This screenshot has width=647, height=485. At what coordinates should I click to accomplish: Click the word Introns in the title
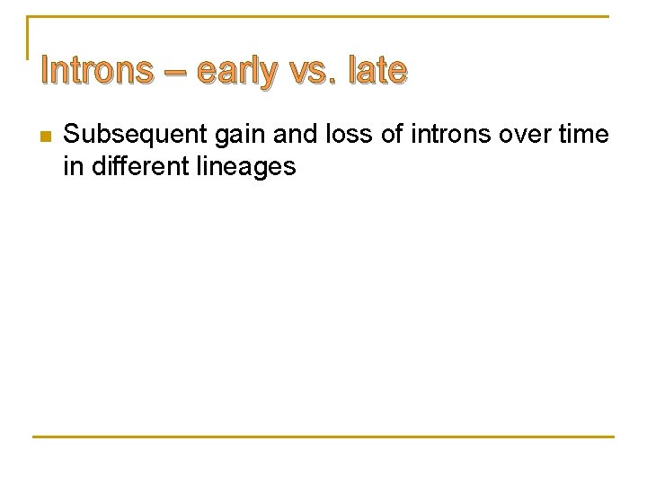tap(97, 70)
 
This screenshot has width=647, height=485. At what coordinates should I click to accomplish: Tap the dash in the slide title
tap(174, 71)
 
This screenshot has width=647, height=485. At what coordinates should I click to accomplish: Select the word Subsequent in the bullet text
tap(135, 136)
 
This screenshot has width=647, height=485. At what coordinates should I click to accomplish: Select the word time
tap(582, 136)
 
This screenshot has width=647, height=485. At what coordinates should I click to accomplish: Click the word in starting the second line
tap(72, 166)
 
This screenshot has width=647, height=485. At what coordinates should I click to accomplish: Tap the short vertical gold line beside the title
tap(28, 38)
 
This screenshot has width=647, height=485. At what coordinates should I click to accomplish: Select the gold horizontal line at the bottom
tap(323, 436)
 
